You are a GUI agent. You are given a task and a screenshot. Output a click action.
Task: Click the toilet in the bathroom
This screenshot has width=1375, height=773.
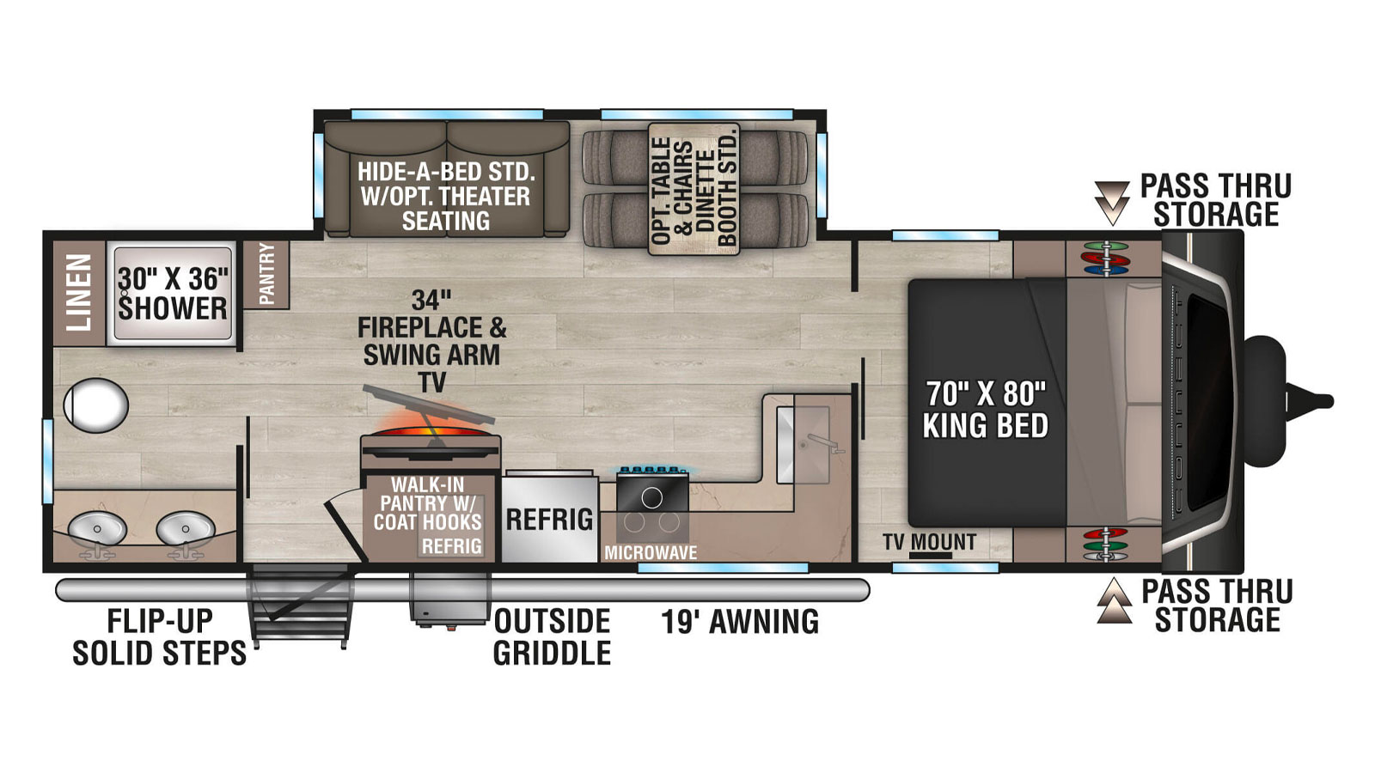pos(95,405)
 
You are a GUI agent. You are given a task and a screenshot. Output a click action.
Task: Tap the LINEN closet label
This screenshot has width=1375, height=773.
pos(79,292)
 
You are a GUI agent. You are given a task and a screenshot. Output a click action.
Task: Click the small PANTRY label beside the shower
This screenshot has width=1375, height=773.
pos(266,273)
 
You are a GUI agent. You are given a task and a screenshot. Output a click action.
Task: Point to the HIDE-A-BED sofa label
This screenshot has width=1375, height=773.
pos(446,196)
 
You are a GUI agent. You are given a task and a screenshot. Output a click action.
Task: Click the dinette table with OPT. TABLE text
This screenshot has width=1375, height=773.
pos(694,189)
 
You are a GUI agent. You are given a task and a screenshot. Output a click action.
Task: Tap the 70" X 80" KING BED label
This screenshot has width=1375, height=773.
pos(986,409)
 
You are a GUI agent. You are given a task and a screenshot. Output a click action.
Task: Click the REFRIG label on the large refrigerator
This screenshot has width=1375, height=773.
pos(549,520)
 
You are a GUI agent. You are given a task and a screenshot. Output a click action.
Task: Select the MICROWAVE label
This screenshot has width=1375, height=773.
pos(651,553)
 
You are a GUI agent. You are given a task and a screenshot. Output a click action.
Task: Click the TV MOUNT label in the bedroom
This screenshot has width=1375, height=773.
pos(929,542)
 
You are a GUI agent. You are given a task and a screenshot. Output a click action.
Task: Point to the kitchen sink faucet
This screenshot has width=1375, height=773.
pos(822,443)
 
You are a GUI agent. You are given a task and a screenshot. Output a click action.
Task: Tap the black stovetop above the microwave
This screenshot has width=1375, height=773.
pos(652,490)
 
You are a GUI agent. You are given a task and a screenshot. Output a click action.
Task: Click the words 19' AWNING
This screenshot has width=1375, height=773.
pos(740,622)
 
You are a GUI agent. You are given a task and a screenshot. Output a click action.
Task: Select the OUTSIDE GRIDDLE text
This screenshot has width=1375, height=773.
pos(552,636)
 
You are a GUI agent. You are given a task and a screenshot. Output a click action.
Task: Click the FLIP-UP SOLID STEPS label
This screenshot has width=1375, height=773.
pos(160,636)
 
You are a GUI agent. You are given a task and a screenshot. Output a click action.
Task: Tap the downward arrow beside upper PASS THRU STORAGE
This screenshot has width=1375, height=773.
pos(1112,204)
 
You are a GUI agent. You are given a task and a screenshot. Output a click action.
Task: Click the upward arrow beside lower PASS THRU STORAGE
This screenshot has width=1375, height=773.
pos(1114,600)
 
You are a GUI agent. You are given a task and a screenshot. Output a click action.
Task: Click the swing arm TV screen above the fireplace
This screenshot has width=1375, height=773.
pos(429,405)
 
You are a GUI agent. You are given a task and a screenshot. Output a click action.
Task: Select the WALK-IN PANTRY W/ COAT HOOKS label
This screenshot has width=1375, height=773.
pos(428,503)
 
